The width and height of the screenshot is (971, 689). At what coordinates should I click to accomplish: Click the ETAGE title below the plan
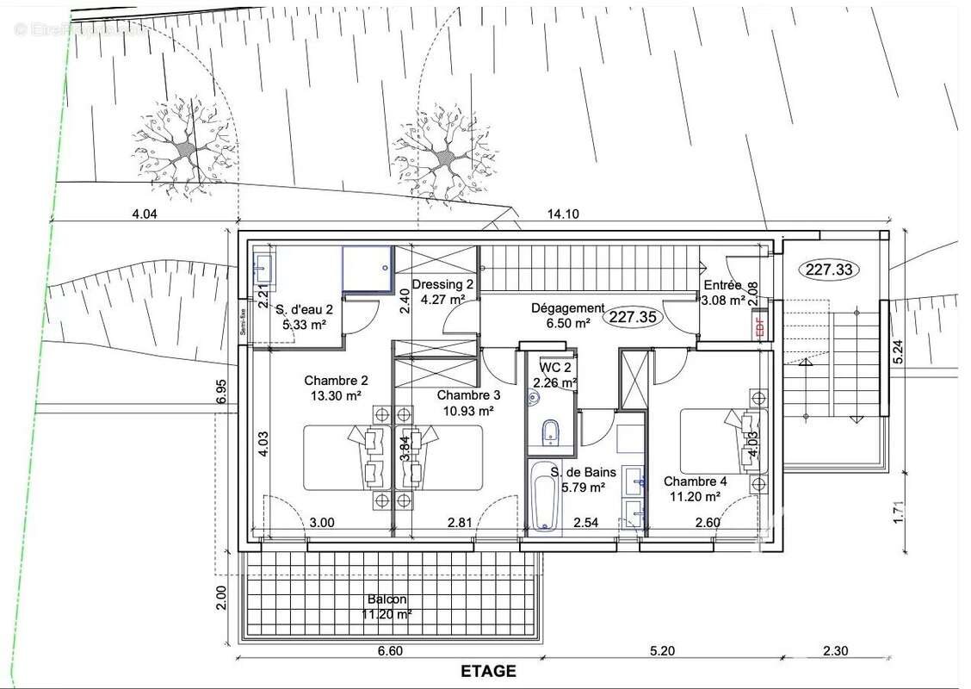tap(488, 671)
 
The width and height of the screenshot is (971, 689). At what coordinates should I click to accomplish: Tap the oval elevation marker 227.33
tap(831, 270)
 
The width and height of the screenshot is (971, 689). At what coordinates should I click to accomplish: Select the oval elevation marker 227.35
tap(634, 317)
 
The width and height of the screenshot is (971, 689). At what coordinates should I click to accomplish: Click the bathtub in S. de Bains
tap(544, 497)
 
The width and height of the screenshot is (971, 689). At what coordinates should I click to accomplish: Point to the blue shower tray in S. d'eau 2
tap(368, 269)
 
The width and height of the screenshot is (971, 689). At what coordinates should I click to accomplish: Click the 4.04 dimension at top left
tap(145, 214)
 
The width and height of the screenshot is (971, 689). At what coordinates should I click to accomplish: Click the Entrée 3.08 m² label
tap(723, 293)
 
